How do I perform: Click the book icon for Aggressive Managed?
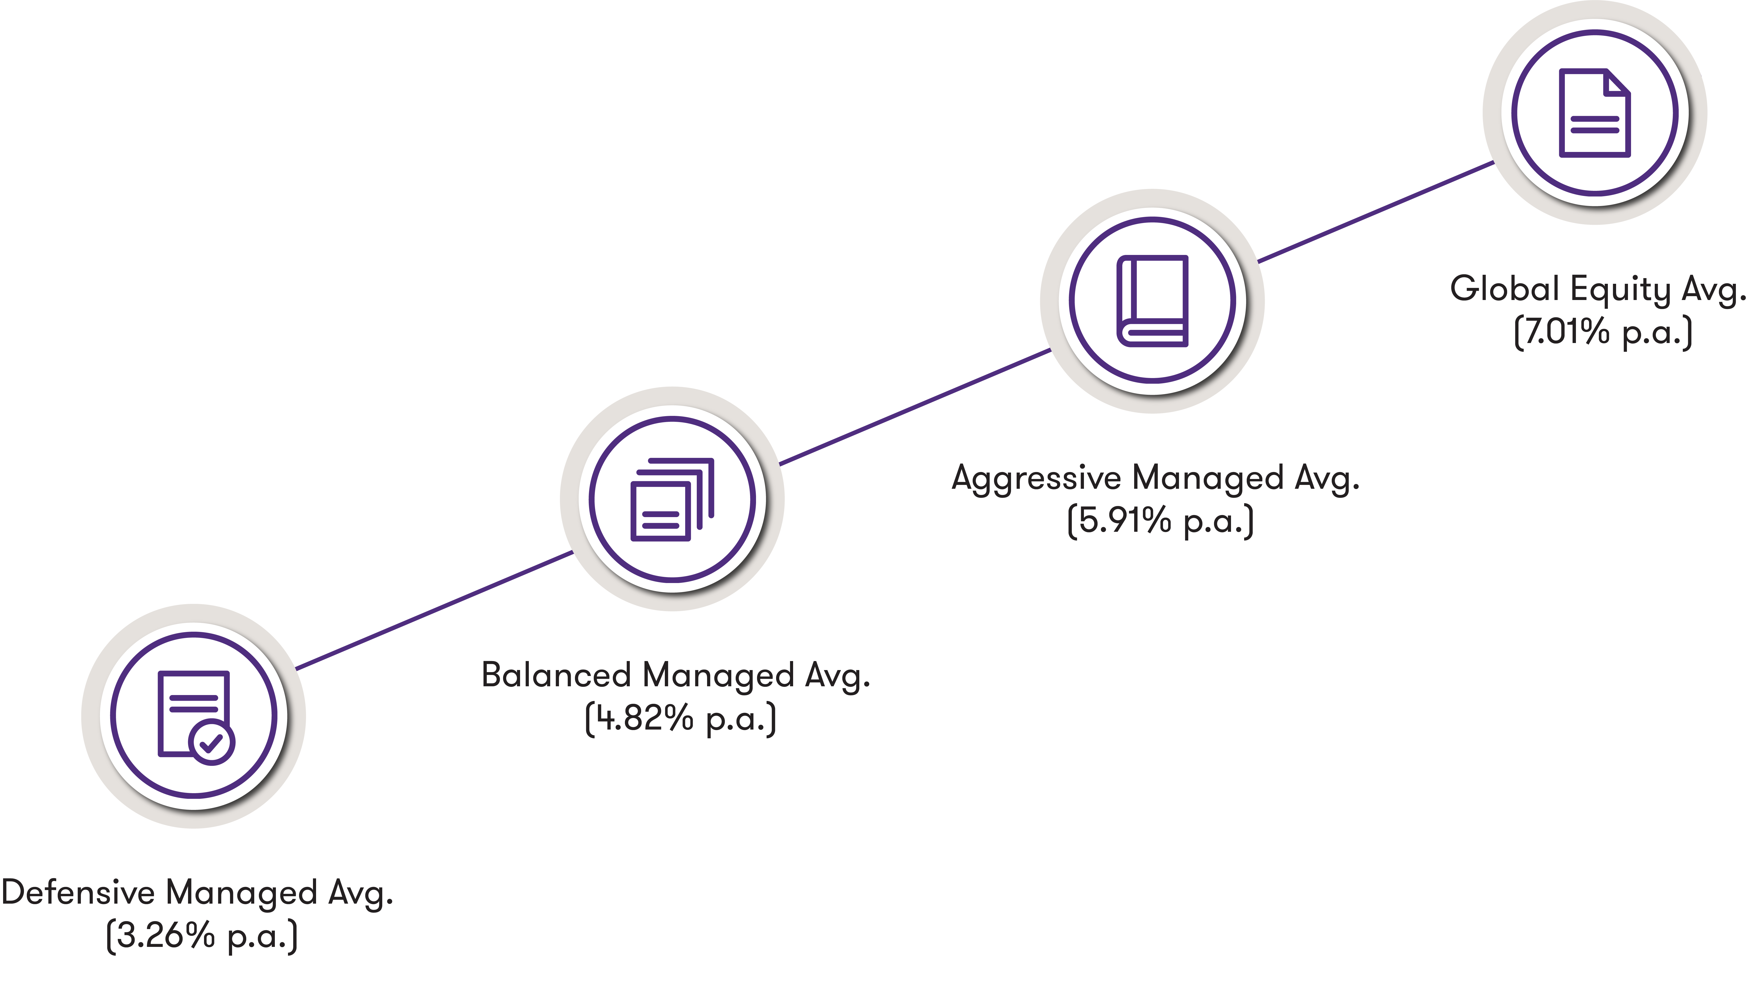tap(1152, 301)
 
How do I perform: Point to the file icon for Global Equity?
tap(1594, 113)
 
